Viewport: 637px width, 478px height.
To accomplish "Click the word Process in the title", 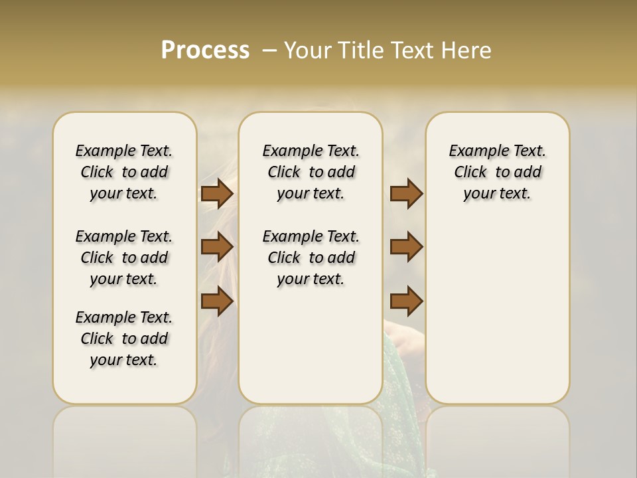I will [x=205, y=50].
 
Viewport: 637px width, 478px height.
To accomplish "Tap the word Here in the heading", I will [x=467, y=50].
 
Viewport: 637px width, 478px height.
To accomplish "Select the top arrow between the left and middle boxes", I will [x=216, y=193].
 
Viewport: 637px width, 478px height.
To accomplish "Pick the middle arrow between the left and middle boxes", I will [x=216, y=247].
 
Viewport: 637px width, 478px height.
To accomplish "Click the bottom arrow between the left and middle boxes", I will [x=216, y=301].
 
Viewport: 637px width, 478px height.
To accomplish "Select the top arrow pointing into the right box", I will [x=406, y=193].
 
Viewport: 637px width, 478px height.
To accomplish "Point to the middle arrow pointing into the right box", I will [x=406, y=247].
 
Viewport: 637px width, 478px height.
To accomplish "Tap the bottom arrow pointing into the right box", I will [x=406, y=301].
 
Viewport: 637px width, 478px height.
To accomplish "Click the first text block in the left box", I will [x=124, y=172].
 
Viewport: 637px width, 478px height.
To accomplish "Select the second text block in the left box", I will [x=124, y=258].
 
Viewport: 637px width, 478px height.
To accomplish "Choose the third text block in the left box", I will [x=124, y=339].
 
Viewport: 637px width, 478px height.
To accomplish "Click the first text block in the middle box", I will [x=311, y=172].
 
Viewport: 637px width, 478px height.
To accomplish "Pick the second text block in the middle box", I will [x=311, y=258].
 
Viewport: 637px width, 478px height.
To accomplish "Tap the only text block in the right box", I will [x=497, y=172].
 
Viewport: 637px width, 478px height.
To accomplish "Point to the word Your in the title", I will [x=307, y=50].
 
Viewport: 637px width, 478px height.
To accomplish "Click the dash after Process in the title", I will [x=269, y=50].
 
